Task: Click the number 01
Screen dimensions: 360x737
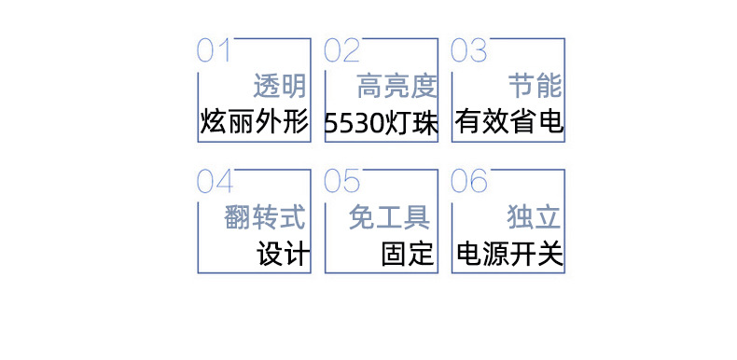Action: [x=214, y=50]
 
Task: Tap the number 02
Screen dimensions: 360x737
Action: [x=341, y=50]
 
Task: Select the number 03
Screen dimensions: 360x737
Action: [x=469, y=50]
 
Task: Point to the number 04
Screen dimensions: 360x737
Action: [x=215, y=181]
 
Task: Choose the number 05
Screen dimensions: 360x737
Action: [x=341, y=181]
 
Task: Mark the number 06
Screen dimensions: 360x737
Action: [x=469, y=181]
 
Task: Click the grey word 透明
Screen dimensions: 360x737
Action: [x=280, y=88]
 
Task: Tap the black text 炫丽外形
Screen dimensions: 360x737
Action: [x=254, y=122]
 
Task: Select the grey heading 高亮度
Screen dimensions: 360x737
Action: [x=396, y=88]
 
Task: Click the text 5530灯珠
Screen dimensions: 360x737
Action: [x=382, y=123]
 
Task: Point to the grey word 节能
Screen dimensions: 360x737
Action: [x=535, y=88]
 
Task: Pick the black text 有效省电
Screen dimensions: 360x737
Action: [x=509, y=122]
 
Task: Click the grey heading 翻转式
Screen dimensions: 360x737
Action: [x=266, y=218]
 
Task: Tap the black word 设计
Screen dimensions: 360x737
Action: [x=283, y=254]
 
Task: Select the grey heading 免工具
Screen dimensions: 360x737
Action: [x=389, y=218]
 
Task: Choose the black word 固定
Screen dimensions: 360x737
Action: [x=409, y=254]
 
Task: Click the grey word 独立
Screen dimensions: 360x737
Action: [x=535, y=218]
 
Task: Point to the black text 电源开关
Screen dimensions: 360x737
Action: [x=509, y=254]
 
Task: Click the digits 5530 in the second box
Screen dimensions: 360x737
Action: [x=355, y=123]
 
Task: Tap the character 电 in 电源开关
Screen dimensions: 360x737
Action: [x=469, y=254]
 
